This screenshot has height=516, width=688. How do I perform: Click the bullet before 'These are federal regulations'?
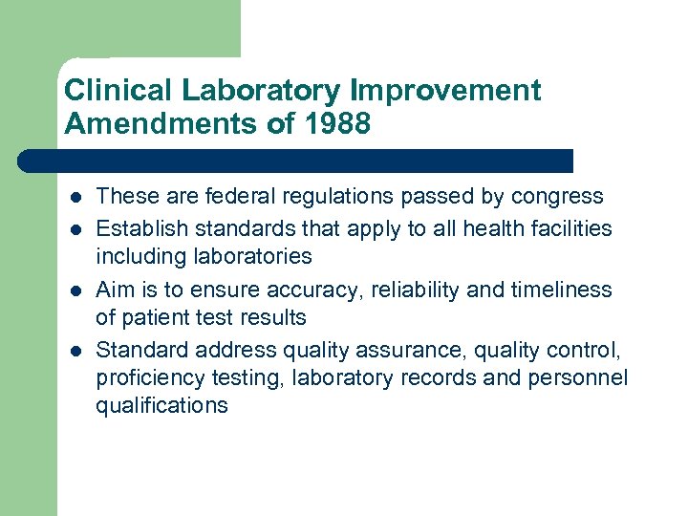click(74, 198)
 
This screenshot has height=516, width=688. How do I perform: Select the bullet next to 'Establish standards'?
click(74, 229)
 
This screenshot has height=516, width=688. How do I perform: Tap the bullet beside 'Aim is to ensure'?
click(74, 290)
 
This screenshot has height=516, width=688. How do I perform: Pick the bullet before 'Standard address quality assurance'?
click(74, 351)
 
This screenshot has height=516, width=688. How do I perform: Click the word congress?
click(557, 197)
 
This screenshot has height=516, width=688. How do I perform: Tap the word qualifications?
click(161, 405)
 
